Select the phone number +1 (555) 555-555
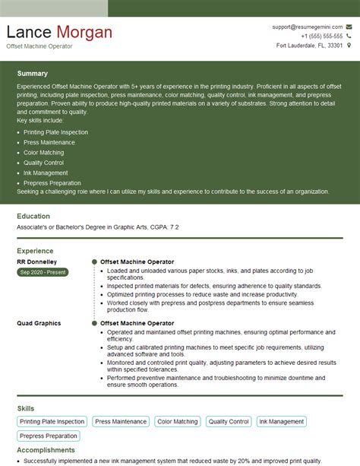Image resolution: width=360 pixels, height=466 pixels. pos(321,36)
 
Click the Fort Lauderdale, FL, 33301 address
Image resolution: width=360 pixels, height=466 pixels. pos(310,46)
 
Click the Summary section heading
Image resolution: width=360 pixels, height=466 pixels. pos(32,74)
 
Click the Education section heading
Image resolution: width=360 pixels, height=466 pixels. pos(33,217)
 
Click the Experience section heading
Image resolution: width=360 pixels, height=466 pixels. pos(35,250)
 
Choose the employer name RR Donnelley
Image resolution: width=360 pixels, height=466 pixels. pos(36,262)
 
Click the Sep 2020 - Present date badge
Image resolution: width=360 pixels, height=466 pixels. pos(43,272)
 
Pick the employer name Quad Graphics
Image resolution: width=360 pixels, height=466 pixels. pos(38,323)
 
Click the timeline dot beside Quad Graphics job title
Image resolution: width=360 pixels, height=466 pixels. pos(94,323)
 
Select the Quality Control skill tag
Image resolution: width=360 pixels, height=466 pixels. pos(229,421)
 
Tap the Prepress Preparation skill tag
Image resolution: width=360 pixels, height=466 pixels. pos(49,436)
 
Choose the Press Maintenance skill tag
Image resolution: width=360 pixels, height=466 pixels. pos(120,421)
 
